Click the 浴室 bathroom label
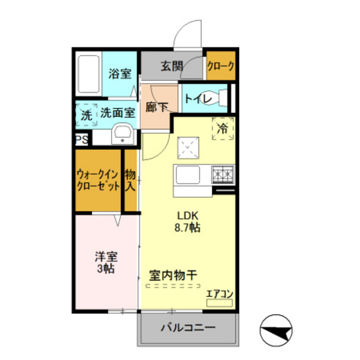(120, 73)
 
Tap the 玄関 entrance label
(172, 66)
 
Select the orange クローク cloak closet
(221, 66)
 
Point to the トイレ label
(195, 98)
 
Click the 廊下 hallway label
(156, 107)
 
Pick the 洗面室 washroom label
(118, 112)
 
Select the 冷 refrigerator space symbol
(222, 129)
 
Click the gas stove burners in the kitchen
(222, 174)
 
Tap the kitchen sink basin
(190, 175)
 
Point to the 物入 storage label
(130, 181)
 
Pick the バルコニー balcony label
(188, 328)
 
